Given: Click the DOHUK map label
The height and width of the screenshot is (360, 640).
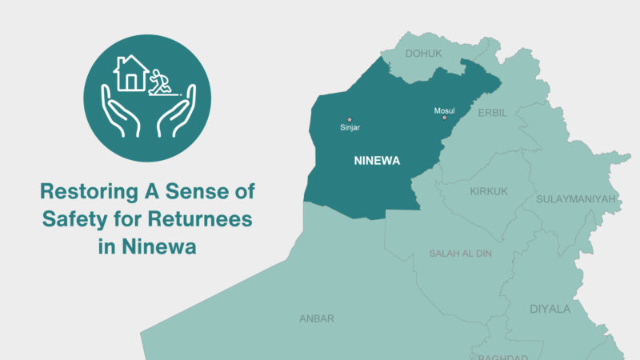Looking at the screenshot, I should point(424,54).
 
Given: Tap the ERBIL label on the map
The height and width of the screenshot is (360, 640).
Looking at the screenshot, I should point(492,113).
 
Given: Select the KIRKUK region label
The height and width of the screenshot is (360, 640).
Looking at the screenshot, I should point(489,192).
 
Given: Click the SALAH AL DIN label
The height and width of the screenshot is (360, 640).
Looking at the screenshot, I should point(460,254).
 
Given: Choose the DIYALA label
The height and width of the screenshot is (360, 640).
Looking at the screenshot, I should point(550,309).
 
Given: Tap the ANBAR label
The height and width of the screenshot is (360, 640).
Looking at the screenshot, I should point(316,318).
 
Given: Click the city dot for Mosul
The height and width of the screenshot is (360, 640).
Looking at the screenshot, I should point(444,118).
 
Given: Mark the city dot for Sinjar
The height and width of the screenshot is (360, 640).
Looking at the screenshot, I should point(349,120).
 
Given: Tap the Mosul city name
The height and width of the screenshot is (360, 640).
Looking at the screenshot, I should point(443,110).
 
